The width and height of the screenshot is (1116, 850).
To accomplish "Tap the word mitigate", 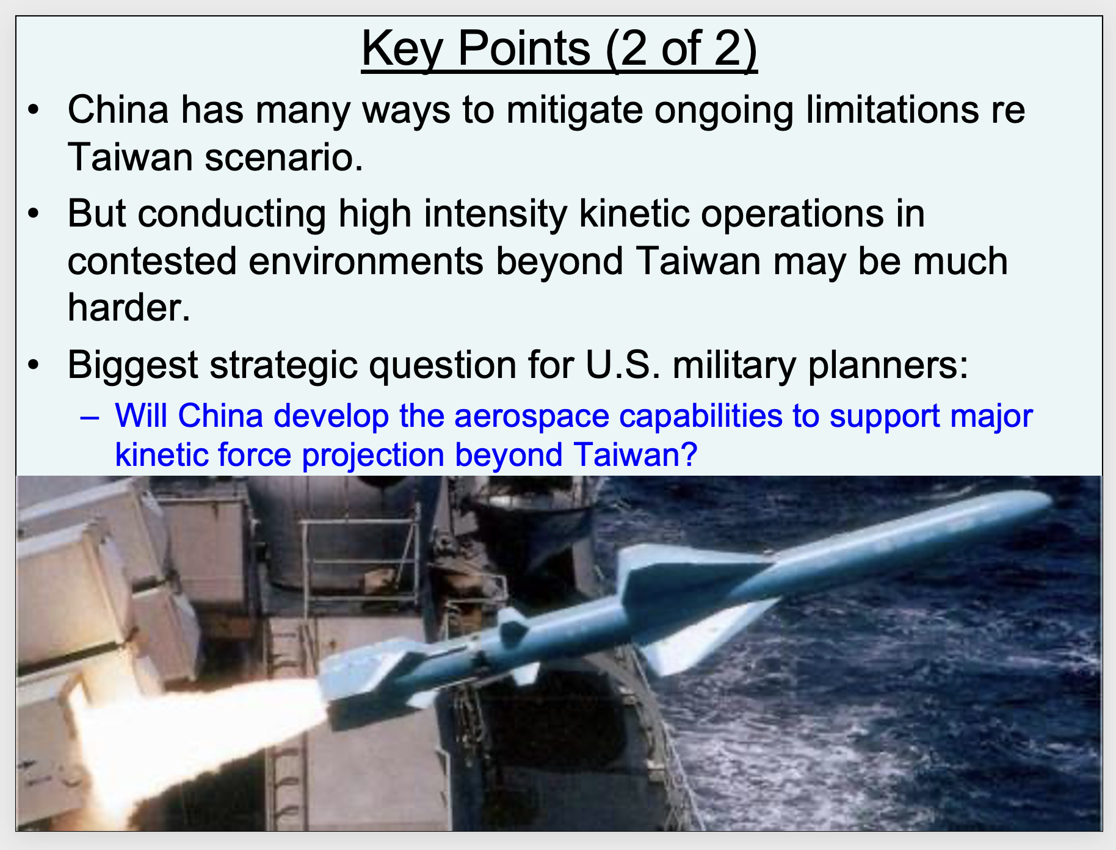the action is [x=574, y=111].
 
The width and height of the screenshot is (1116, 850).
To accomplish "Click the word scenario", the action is [x=284, y=158].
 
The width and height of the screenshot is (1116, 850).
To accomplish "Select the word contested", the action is [x=152, y=261].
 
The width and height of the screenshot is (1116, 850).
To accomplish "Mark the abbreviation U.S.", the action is [x=623, y=365].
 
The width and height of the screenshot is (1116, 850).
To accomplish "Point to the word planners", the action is [x=888, y=366].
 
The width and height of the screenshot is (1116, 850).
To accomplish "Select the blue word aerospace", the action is [x=532, y=417].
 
